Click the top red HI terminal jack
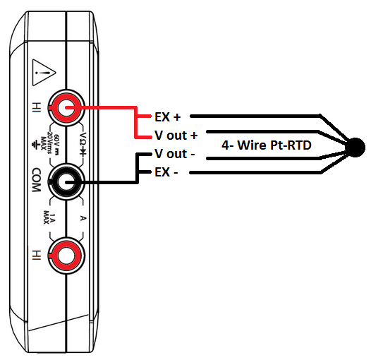(x=66, y=108)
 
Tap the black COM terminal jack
(x=66, y=182)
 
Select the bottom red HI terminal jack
(x=66, y=256)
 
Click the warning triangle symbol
(x=44, y=73)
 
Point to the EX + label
(x=168, y=116)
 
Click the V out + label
(x=176, y=136)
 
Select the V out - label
(x=175, y=153)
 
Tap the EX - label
(x=166, y=172)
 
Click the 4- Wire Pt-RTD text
(x=267, y=145)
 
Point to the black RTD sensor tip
(x=355, y=147)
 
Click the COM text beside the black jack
(x=37, y=180)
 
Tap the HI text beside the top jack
(x=37, y=107)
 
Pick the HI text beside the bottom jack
(x=37, y=255)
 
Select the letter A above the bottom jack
(x=83, y=218)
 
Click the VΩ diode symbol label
(x=83, y=145)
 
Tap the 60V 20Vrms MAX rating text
(x=50, y=143)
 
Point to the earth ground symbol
(x=35, y=145)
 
